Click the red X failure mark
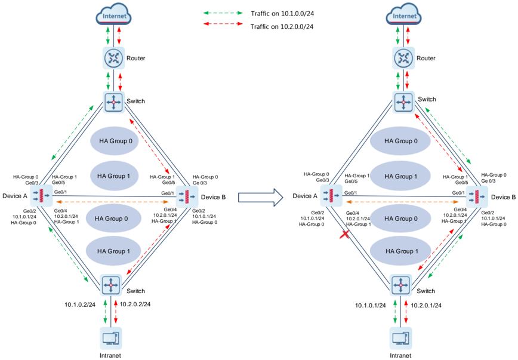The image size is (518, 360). pyautogui.click(x=344, y=236)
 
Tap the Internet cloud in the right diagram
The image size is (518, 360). pyautogui.click(x=405, y=15)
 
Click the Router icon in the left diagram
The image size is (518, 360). pyautogui.click(x=113, y=59)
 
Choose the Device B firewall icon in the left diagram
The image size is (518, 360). pyautogui.click(x=189, y=196)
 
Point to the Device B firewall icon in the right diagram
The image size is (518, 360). pyautogui.click(x=476, y=196)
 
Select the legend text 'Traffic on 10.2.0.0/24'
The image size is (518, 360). pyautogui.click(x=280, y=26)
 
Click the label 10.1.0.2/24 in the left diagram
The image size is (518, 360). pyautogui.click(x=81, y=304)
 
